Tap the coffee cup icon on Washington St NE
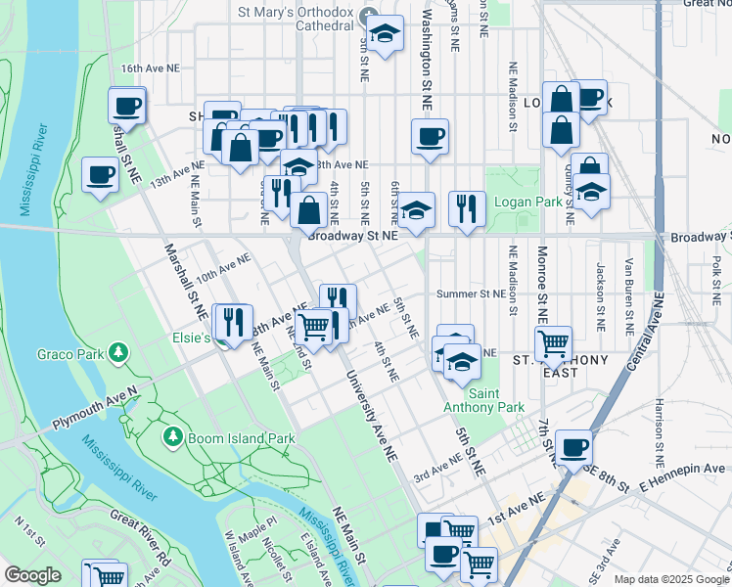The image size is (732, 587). [430, 137]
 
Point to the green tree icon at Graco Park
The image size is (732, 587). [117, 351]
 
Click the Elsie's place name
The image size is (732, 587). [192, 338]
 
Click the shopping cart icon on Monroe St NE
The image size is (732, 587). [553, 343]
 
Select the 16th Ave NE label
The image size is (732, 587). [151, 68]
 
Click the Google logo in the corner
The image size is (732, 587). [33, 575]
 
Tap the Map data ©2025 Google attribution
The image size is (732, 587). [670, 579]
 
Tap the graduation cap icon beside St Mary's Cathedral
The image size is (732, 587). [386, 34]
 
